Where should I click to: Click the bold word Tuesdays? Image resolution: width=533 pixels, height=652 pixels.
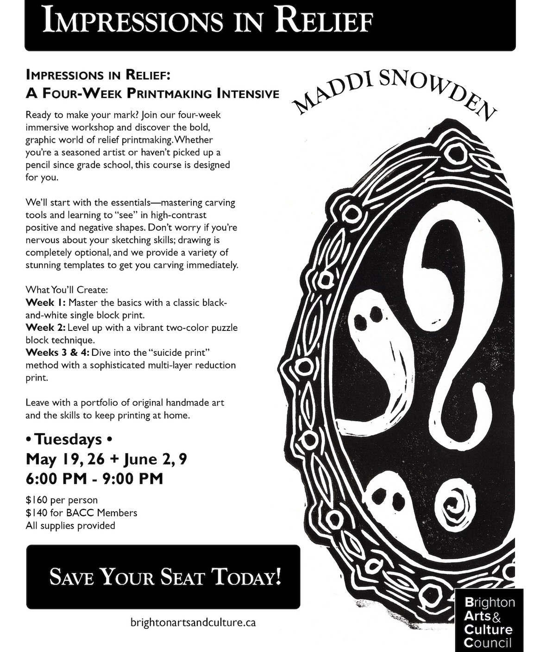click(69, 439)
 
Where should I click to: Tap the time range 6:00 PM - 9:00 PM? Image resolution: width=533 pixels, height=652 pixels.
click(94, 478)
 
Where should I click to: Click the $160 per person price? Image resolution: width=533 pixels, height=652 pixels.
click(62, 500)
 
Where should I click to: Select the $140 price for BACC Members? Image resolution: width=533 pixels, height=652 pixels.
click(81, 513)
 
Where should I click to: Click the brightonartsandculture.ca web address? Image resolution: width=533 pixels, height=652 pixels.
click(193, 623)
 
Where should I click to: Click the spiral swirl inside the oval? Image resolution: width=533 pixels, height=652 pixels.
click(455, 505)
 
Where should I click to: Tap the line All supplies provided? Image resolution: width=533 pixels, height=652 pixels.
click(70, 525)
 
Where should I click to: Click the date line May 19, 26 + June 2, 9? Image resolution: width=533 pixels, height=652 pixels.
click(107, 459)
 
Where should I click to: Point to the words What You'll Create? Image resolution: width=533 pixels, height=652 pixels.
click(67, 290)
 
